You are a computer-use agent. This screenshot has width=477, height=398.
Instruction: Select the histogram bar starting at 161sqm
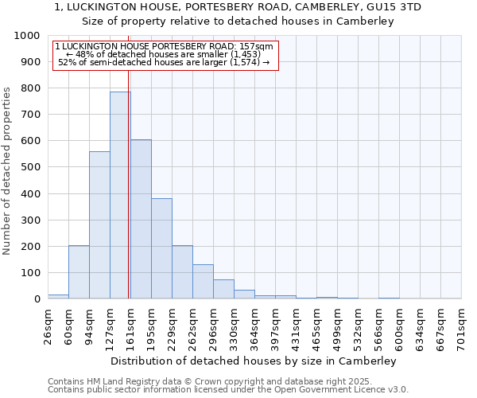(141, 219)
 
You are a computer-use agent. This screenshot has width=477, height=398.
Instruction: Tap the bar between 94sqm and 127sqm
(99, 225)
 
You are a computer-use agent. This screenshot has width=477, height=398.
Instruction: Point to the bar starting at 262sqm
(203, 282)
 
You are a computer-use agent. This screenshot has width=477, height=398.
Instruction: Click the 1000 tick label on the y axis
(27, 36)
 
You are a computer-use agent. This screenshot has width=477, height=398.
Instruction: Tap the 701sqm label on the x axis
(461, 326)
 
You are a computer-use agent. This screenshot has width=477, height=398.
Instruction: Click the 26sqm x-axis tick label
(48, 326)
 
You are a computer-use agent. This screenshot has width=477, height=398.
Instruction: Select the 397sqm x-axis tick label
(274, 326)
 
